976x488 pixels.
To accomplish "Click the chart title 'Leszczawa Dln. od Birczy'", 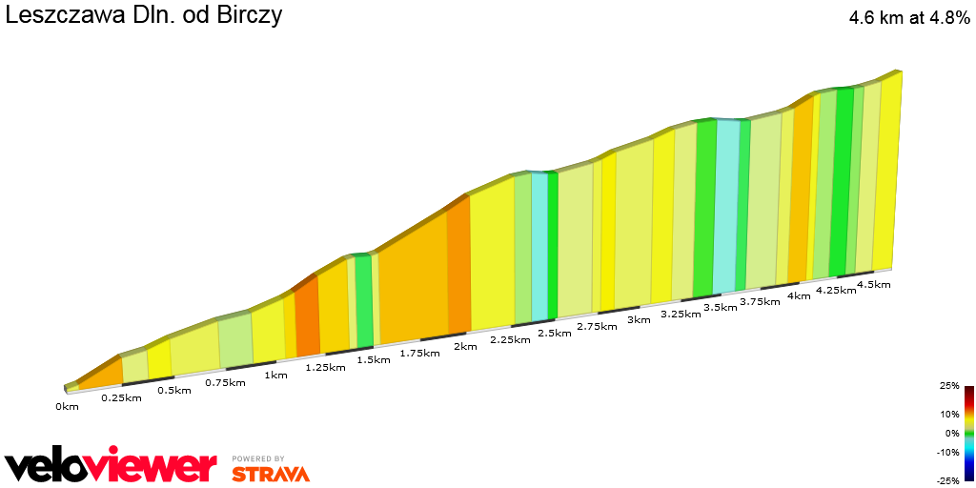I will [x=143, y=16].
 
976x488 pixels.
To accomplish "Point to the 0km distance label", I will [x=67, y=406].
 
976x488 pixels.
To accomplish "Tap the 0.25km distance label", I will [x=121, y=397].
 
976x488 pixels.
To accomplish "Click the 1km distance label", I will [x=275, y=375].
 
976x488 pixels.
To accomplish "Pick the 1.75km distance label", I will [x=419, y=353].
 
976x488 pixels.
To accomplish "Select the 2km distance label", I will [x=465, y=346].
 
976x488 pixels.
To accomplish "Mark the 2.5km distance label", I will [x=555, y=333].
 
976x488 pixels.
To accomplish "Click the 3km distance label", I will [x=639, y=320].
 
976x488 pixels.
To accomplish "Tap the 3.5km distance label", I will [x=720, y=308].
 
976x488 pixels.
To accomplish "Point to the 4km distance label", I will [x=799, y=295].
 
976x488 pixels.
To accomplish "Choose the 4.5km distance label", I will [x=874, y=284].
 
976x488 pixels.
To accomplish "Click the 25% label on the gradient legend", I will [x=949, y=386].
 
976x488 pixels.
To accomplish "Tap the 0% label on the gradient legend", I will [x=951, y=433].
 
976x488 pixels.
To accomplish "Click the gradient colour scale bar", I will [x=968, y=433].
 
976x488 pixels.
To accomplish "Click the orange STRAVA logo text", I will [x=270, y=473].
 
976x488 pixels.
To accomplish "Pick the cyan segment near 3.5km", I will [x=725, y=204].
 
